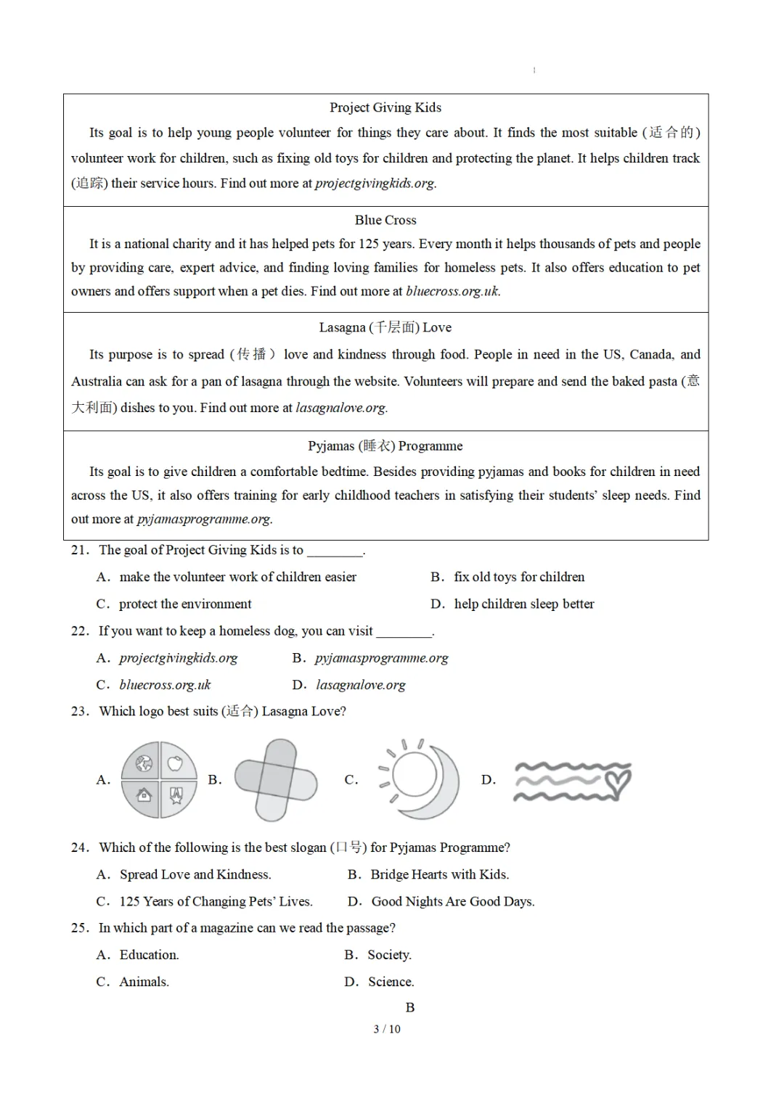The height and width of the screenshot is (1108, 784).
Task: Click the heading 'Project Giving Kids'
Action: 385,107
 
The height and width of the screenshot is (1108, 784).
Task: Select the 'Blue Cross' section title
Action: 385,220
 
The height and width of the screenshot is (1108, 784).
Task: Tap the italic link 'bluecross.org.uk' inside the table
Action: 452,292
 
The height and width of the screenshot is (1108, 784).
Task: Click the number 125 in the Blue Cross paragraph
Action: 369,245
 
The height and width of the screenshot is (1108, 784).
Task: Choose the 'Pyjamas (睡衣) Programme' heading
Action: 385,446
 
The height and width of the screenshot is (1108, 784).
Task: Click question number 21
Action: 80,550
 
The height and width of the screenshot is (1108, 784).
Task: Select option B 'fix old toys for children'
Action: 518,577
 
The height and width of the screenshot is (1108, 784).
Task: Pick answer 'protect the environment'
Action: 185,604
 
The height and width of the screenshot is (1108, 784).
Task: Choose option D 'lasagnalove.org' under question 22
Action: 360,685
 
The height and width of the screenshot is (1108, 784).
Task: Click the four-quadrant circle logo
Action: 159,780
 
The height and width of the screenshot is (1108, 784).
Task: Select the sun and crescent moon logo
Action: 419,778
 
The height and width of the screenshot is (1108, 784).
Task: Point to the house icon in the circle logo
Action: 144,795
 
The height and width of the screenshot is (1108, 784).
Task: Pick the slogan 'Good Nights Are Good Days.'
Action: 452,902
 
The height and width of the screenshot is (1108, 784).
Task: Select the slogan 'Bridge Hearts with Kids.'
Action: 439,875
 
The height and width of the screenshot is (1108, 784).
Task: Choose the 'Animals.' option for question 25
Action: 144,982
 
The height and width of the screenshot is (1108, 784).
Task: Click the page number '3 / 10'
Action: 387,1029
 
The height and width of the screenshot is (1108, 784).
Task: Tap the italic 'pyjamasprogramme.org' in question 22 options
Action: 381,658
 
